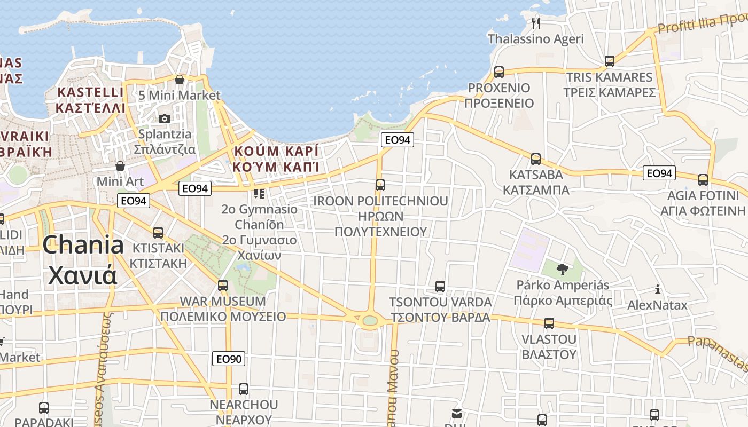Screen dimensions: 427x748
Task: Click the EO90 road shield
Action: point(229,359)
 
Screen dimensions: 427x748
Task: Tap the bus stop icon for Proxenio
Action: point(499,72)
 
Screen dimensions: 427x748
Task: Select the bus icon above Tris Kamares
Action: point(610,61)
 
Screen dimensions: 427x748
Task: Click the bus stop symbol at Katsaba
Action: point(535,159)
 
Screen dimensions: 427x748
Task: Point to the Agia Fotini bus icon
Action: point(703,179)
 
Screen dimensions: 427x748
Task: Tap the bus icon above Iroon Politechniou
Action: point(380,185)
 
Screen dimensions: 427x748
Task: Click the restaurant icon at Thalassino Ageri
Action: point(536,23)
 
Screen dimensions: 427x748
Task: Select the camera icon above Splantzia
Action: point(165,118)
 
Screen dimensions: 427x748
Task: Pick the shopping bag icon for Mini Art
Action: point(120,166)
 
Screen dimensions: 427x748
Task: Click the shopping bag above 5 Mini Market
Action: point(180,80)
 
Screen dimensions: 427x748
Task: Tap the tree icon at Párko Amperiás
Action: point(562,269)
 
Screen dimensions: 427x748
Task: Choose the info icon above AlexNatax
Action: point(658,290)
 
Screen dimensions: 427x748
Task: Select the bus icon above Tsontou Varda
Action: point(440,287)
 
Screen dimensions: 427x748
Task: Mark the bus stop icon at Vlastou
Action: point(549,323)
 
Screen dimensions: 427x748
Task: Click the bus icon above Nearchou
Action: point(244,389)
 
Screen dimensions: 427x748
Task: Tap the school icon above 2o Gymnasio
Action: point(259,193)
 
